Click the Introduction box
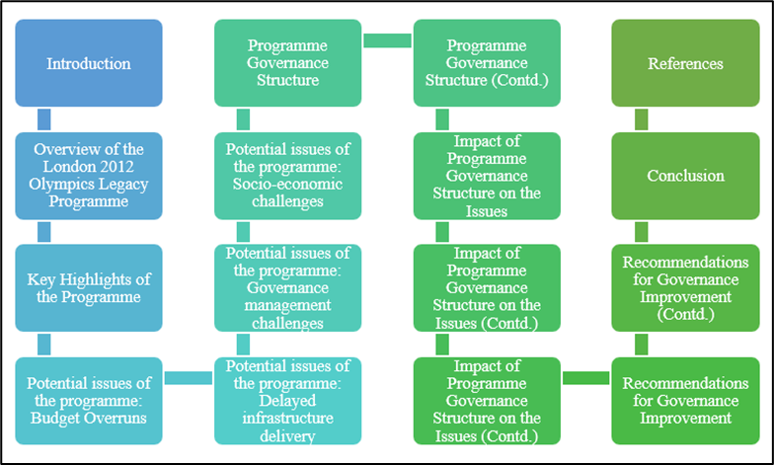[89, 63]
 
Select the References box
[685, 63]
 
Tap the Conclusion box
[685, 176]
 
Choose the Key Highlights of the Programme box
[89, 288]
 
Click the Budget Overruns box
[89, 401]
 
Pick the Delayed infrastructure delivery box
[288, 401]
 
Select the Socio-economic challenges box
[288, 176]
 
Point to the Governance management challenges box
[288, 288]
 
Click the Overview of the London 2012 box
[89, 176]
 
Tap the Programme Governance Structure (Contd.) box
[487, 63]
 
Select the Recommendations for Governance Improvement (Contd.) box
[685, 288]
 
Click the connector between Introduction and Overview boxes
[43, 119]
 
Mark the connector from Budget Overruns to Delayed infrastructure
[188, 378]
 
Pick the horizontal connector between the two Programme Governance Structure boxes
[387, 40]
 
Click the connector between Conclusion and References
[642, 119]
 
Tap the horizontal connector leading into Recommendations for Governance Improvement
[586, 378]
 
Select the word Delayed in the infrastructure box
[287, 401]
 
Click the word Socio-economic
[288, 184]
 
